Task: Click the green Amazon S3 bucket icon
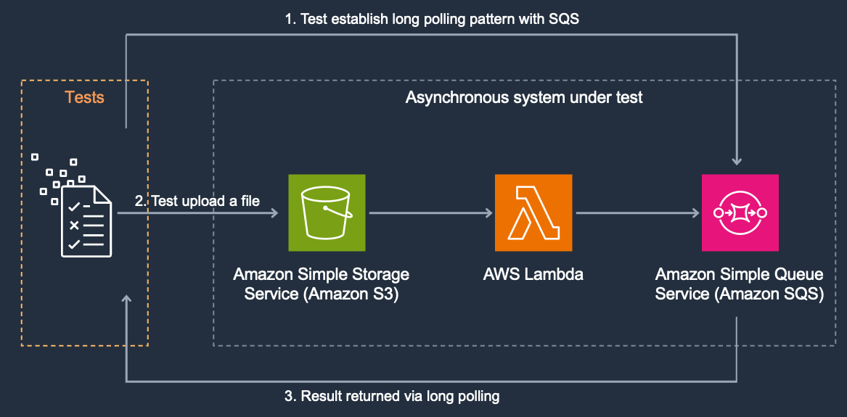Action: pyautogui.click(x=328, y=212)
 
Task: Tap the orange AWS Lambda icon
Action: pyautogui.click(x=533, y=212)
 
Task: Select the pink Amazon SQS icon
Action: pyautogui.click(x=740, y=212)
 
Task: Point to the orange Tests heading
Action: pyautogui.click(x=84, y=97)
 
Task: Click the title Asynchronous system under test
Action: pyautogui.click(x=523, y=97)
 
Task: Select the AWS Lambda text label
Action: pyautogui.click(x=533, y=275)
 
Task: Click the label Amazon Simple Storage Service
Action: pyautogui.click(x=321, y=284)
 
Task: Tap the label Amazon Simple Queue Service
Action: pyautogui.click(x=739, y=284)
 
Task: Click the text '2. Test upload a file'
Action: pyautogui.click(x=197, y=201)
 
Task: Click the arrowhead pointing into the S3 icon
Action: pyautogui.click(x=275, y=213)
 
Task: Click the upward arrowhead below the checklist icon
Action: pyautogui.click(x=127, y=299)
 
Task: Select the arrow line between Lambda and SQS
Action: pyautogui.click(x=635, y=213)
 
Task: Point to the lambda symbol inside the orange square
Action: pyautogui.click(x=533, y=212)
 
